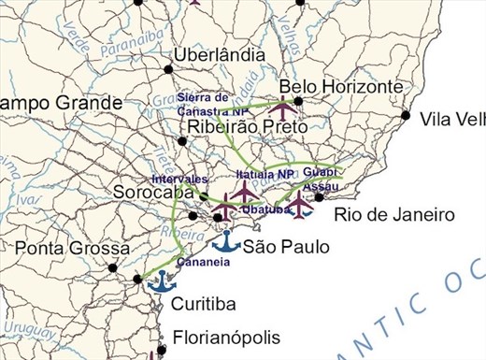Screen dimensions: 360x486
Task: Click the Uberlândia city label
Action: point(219,54)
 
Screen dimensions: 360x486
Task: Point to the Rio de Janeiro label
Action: point(394,215)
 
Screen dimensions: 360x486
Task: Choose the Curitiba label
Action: point(203,304)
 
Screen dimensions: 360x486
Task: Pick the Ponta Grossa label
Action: point(72,249)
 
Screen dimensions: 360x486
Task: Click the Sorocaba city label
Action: point(151,193)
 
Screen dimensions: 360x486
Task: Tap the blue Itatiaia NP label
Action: point(265,174)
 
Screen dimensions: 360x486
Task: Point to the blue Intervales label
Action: point(179,179)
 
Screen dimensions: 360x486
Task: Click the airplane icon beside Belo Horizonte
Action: point(281,106)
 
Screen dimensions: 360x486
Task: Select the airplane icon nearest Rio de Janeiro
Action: point(297,204)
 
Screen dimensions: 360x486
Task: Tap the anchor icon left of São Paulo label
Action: point(226,243)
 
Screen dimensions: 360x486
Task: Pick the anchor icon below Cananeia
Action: point(164,281)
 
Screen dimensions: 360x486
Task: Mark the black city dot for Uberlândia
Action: point(168,69)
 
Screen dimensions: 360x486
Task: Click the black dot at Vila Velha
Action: point(405,116)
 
